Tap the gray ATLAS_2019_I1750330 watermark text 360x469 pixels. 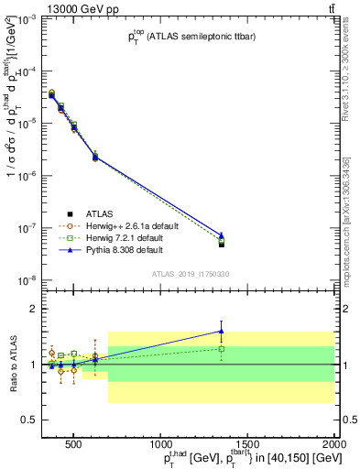(x=191, y=273)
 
